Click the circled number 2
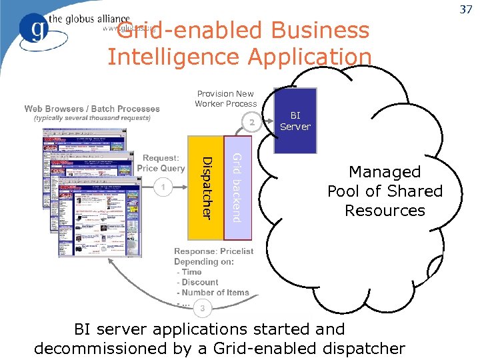(251, 123)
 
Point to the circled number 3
(203, 307)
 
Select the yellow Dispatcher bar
(207, 188)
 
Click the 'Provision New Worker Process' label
(225, 99)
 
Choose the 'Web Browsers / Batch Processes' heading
(92, 109)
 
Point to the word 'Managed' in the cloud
(385, 172)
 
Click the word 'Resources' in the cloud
(385, 211)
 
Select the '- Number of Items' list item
(213, 293)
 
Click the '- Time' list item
(189, 272)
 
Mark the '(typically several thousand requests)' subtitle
(92, 118)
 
